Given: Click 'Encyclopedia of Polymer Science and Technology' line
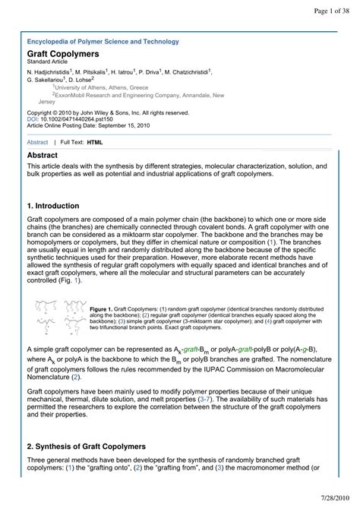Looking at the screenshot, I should pyautogui.click(x=103, y=42).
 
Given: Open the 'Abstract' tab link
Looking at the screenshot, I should pyautogui.click(x=37, y=142).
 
